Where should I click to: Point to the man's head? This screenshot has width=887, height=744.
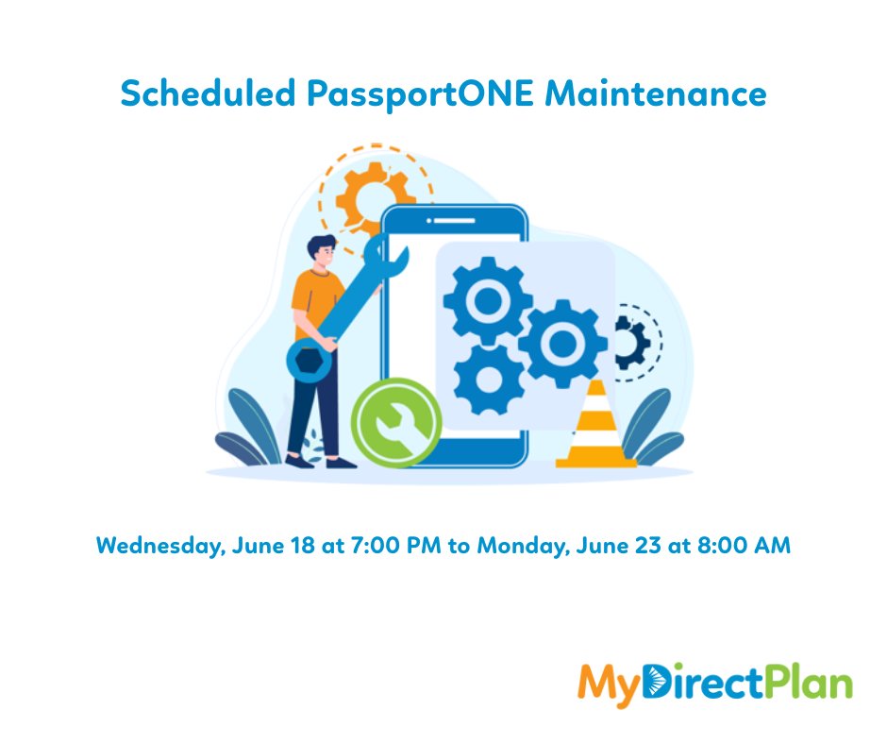pyautogui.click(x=320, y=250)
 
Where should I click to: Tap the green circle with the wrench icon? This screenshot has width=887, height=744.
pyautogui.click(x=396, y=422)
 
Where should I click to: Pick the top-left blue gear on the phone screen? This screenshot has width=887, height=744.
pyautogui.click(x=487, y=301)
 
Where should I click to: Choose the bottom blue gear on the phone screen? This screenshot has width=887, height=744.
pyautogui.click(x=488, y=380)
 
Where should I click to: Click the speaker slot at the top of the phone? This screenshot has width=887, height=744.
pyautogui.click(x=453, y=220)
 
